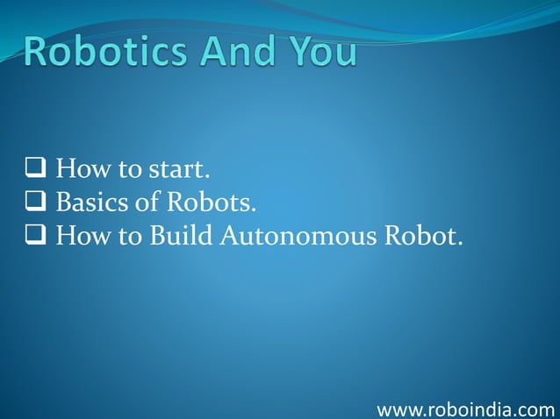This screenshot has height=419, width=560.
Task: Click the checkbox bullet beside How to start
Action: pyautogui.click(x=35, y=168)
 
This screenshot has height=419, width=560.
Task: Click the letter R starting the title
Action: pyautogui.click(x=38, y=52)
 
